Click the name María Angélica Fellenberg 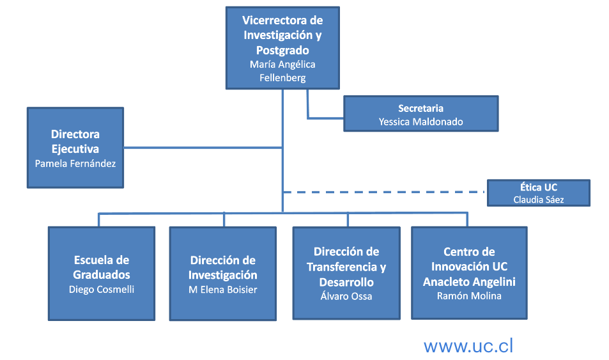click(282, 71)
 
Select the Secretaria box click(420, 114)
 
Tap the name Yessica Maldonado click(420, 121)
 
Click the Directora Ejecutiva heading click(75, 141)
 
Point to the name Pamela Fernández click(75, 163)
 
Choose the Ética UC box click(538, 192)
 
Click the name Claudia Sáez click(539, 200)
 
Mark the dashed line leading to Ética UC click(383, 192)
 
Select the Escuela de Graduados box click(102, 273)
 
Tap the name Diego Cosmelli click(102, 289)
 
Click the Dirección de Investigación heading click(223, 268)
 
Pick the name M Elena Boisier click(223, 290)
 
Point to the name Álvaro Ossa click(346, 296)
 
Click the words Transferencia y click(346, 267)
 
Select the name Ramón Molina click(469, 295)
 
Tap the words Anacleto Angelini click(469, 281)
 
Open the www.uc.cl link click(468, 346)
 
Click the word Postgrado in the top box click(282, 50)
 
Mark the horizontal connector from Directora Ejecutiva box click(203, 148)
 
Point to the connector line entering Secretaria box click(326, 118)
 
